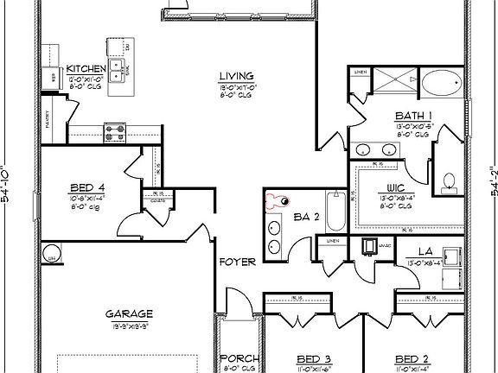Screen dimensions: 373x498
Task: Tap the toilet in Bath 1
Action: [448, 180]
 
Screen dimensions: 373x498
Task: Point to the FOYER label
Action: [235, 261]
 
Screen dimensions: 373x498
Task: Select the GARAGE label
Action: [130, 313]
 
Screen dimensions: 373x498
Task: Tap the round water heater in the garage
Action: [52, 257]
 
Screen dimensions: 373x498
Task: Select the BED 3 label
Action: [314, 358]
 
